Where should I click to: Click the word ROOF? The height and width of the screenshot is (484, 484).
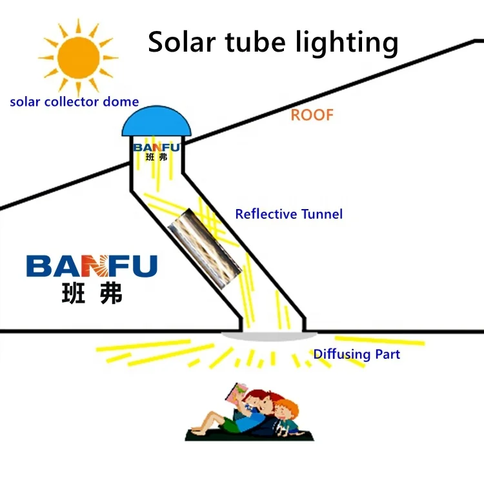pyautogui.click(x=312, y=116)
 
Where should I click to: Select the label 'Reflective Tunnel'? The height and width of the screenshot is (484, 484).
pyautogui.click(x=288, y=214)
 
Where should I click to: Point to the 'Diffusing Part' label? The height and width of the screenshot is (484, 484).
pyautogui.click(x=356, y=354)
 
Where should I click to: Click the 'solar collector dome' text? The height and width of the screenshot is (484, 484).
pyautogui.click(x=74, y=101)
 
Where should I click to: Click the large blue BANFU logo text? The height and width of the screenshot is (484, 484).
pyautogui.click(x=92, y=265)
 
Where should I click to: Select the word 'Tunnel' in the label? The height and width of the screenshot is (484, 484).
pyautogui.click(x=321, y=214)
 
